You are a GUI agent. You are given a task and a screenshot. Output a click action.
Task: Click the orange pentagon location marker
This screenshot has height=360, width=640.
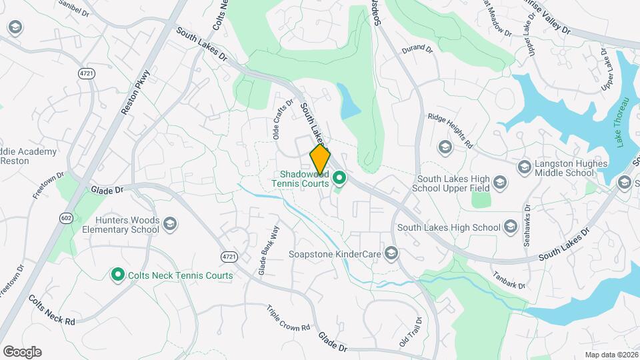pyautogui.click(x=320, y=158)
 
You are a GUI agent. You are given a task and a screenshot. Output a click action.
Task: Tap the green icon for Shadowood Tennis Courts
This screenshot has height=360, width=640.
pyautogui.click(x=339, y=178)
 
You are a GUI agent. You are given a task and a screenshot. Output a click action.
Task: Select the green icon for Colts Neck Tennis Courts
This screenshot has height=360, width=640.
pyautogui.click(x=118, y=274)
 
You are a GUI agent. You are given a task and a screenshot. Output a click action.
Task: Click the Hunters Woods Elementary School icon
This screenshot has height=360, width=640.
pyautogui.click(x=169, y=224)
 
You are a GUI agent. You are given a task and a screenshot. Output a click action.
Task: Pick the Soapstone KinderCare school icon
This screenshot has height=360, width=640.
pyautogui.click(x=391, y=253)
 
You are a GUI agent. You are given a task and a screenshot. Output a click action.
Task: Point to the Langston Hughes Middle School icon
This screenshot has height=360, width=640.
pyautogui.click(x=524, y=167)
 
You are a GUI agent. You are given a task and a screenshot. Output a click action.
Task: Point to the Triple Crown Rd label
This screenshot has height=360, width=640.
pyautogui.click(x=289, y=319)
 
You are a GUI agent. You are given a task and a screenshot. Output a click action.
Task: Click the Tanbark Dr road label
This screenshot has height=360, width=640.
pyautogui.click(x=509, y=279)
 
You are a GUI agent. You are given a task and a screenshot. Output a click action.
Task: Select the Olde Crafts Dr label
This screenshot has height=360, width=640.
pyautogui.click(x=283, y=119)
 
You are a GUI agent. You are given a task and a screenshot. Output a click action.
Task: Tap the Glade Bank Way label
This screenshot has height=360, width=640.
pyautogui.click(x=269, y=251)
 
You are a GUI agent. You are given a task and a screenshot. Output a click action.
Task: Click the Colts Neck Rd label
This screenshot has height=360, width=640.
pyautogui.click(x=52, y=310)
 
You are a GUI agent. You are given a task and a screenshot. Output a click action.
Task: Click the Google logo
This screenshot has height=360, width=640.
pyautogui.click(x=22, y=351)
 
